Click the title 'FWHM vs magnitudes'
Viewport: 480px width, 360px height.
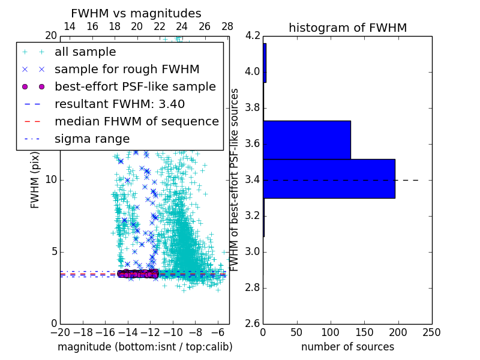(x=136, y=13)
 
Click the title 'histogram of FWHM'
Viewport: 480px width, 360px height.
(x=347, y=28)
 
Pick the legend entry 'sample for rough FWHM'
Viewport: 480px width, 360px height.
(x=127, y=70)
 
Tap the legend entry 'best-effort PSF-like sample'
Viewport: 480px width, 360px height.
(x=135, y=87)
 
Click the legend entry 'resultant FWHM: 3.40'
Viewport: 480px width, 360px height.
(x=119, y=104)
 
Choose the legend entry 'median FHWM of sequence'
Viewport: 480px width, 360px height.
(x=136, y=122)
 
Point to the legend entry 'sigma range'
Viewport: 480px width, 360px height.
(x=92, y=139)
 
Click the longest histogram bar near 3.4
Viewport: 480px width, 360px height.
(x=329, y=178)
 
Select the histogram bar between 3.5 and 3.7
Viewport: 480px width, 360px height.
(x=307, y=140)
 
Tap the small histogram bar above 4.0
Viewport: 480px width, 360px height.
(x=265, y=62)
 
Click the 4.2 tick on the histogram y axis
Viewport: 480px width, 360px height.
(x=253, y=36)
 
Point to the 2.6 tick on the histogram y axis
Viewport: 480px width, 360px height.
(x=253, y=323)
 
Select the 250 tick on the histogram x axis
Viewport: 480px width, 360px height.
(x=431, y=332)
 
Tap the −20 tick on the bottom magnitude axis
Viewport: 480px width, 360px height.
(x=60, y=332)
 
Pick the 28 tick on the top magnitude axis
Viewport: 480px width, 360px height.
(x=227, y=26)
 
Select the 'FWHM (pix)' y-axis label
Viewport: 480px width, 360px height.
(x=35, y=180)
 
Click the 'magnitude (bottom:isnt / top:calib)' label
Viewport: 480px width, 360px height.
(x=145, y=347)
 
